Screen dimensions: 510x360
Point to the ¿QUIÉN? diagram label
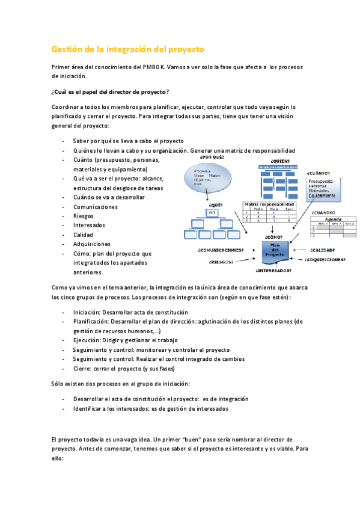279,161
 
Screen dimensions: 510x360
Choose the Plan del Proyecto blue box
275,251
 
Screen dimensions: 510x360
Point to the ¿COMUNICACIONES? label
221,250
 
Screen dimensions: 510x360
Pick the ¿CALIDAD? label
322,250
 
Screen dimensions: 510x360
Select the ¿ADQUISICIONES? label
325,260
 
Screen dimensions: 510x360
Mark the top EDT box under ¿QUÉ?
212,213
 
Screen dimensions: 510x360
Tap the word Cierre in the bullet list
82,369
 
